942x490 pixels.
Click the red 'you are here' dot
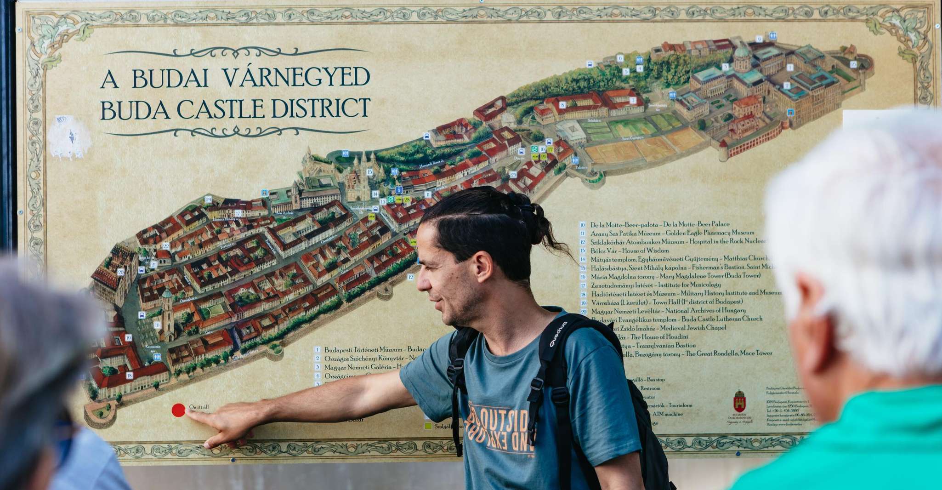click(x=178, y=410)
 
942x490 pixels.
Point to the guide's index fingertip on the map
click(x=188, y=412)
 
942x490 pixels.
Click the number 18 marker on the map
click(x=130, y=376)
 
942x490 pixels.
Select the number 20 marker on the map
click(x=121, y=272)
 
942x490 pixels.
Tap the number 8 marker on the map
click(x=562, y=105)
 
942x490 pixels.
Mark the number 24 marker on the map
click(x=208, y=199)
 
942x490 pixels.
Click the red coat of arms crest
click(x=739, y=401)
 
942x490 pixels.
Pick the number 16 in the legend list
click(x=583, y=277)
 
